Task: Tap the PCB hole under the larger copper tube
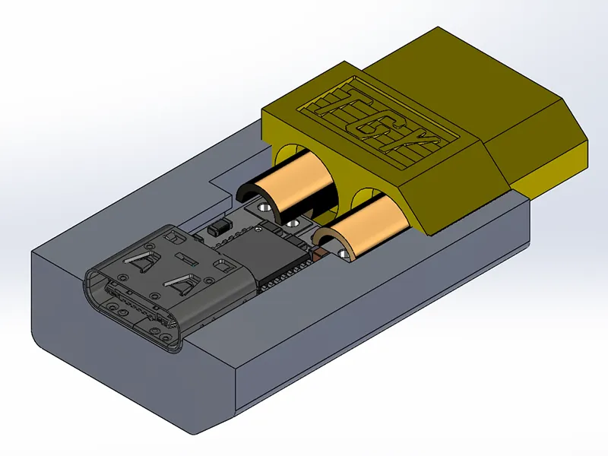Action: [x=264, y=206]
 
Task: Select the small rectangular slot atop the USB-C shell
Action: [x=223, y=267]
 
